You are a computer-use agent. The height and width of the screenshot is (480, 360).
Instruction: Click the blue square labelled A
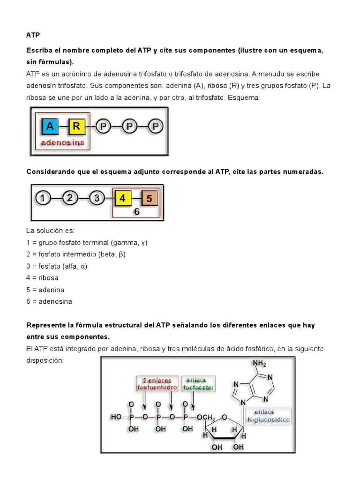click(50, 126)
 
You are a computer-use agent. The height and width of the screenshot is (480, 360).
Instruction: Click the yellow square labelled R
click(77, 126)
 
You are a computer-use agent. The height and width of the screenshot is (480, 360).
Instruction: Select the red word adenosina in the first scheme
click(62, 142)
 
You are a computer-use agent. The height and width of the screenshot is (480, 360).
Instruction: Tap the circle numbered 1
click(43, 198)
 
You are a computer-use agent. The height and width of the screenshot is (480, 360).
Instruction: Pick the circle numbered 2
click(69, 198)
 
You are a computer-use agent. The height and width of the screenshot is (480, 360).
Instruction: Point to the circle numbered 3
click(97, 198)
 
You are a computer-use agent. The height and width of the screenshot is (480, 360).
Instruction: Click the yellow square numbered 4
click(122, 198)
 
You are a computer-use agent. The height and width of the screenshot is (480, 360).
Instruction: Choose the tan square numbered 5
click(149, 198)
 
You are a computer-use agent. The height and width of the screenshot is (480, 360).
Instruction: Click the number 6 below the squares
click(137, 212)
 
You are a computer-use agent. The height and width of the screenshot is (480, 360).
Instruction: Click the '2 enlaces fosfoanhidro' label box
click(157, 383)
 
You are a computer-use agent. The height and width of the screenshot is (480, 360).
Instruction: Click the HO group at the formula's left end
click(115, 416)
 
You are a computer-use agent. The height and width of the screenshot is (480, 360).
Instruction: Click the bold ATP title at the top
click(32, 35)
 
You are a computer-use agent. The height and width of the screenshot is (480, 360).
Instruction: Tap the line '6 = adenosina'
click(49, 301)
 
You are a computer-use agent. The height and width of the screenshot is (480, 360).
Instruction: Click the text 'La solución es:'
click(51, 231)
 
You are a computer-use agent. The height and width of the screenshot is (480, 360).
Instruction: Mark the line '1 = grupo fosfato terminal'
click(87, 242)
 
